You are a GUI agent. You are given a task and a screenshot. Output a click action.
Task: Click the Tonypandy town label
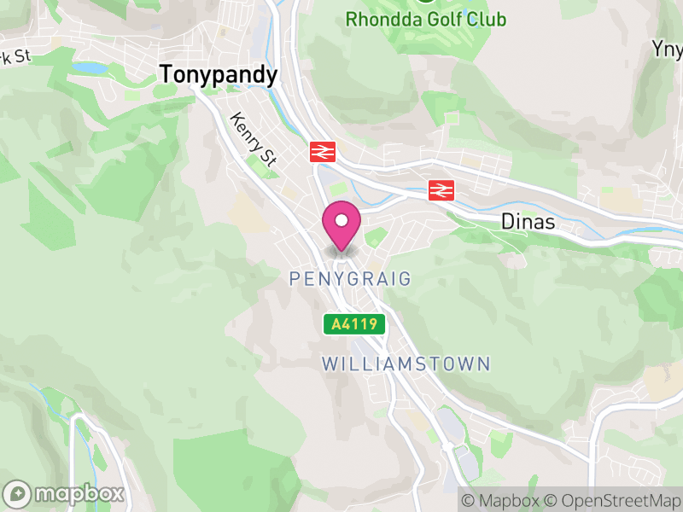pyautogui.click(x=219, y=75)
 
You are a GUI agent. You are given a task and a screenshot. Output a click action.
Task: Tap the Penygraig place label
pyautogui.click(x=350, y=279)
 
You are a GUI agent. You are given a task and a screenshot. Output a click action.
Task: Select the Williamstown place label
pyautogui.click(x=406, y=364)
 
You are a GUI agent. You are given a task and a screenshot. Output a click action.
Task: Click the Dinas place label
pyautogui.click(x=528, y=223)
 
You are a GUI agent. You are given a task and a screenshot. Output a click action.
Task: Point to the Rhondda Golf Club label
pyautogui.click(x=426, y=20)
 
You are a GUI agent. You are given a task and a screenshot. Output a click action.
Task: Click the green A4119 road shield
pyautogui.click(x=354, y=324)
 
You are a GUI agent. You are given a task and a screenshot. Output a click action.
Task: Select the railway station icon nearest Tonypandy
pyautogui.click(x=321, y=152)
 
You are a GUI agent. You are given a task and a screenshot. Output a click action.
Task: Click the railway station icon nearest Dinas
pyautogui.click(x=441, y=189)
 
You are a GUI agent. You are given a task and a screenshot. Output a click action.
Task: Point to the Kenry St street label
pyautogui.click(x=254, y=139)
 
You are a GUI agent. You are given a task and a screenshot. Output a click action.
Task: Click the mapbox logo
pyautogui.click(x=65, y=493)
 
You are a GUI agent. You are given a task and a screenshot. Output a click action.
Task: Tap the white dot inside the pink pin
pyautogui.click(x=341, y=221)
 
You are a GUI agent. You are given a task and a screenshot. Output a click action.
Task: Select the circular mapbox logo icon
pyautogui.click(x=18, y=493)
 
